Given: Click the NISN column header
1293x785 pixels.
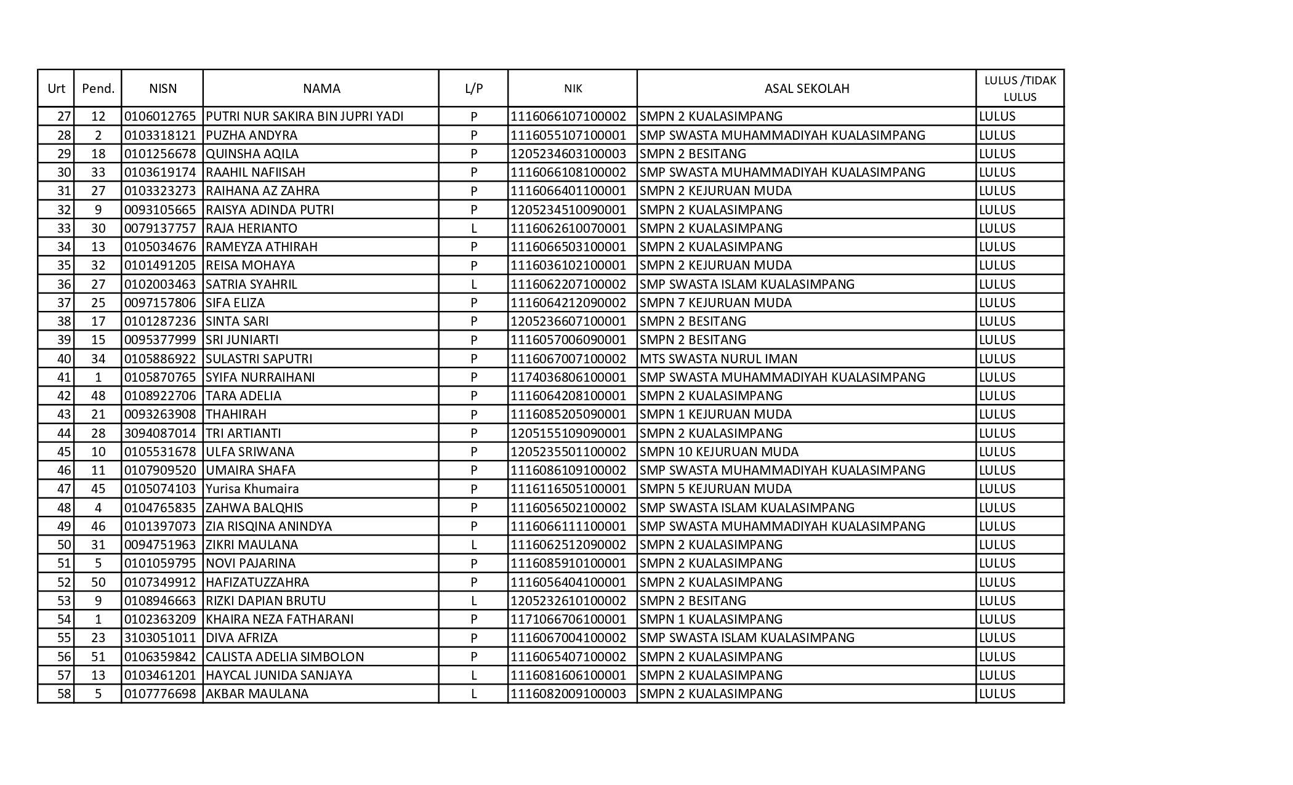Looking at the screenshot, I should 163,89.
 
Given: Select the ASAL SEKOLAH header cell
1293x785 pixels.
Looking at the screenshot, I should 807,89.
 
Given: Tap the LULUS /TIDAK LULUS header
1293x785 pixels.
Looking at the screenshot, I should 1020,89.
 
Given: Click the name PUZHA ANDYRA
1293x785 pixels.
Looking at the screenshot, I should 251,135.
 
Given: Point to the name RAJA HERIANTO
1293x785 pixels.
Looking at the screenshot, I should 251,228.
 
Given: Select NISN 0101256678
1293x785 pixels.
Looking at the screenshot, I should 160,154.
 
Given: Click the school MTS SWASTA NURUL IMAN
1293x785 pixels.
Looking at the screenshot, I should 718,359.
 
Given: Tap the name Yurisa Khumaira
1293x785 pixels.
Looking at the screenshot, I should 252,489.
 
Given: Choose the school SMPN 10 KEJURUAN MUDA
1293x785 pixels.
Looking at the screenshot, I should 719,452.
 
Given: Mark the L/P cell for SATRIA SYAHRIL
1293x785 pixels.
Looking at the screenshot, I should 473,284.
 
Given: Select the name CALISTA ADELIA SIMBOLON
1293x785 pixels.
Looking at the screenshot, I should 284,657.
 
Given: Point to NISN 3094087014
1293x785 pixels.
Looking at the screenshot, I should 160,433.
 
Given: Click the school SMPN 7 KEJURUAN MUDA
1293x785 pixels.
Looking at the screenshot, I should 715,303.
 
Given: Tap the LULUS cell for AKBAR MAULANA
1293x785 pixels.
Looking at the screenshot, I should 997,694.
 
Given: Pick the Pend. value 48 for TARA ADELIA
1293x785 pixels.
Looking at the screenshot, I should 98,396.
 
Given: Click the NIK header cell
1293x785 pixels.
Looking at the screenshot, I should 573,89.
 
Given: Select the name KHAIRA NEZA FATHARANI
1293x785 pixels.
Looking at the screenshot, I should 280,619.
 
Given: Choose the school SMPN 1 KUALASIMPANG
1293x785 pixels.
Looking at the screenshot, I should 711,619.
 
